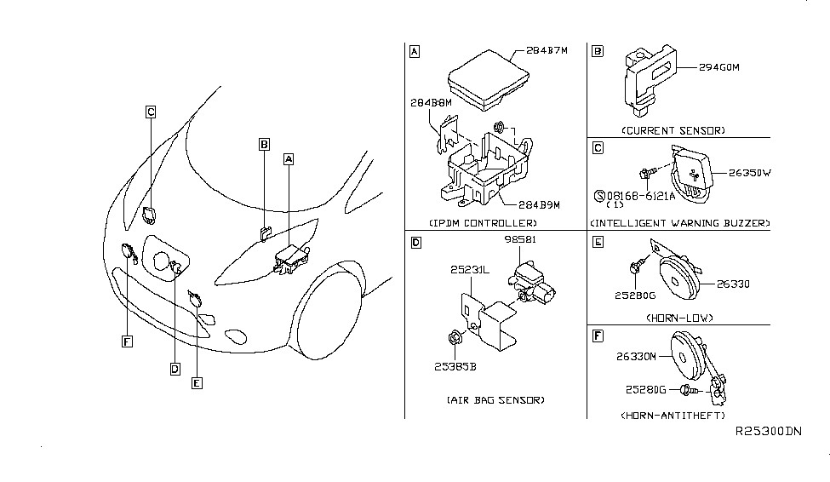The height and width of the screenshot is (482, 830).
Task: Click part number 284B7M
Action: [x=547, y=51]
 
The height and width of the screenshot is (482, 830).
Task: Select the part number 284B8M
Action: [x=431, y=103]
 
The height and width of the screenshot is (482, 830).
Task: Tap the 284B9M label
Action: [x=539, y=205]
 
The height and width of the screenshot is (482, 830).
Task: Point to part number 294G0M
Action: [x=718, y=68]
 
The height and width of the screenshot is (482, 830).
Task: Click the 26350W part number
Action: [x=749, y=173]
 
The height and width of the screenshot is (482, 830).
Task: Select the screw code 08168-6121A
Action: [x=635, y=196]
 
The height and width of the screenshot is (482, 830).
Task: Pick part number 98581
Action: [x=520, y=239]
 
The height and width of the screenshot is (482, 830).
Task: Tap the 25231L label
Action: [x=470, y=270]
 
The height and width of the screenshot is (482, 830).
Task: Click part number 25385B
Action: [x=455, y=366]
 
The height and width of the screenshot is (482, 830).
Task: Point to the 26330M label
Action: [x=636, y=357]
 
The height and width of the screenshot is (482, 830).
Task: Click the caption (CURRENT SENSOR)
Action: [x=673, y=130]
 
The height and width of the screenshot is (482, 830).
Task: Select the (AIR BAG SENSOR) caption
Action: [x=495, y=400]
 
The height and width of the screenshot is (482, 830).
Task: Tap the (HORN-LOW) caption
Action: [x=679, y=318]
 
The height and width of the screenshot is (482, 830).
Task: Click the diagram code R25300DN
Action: [x=769, y=431]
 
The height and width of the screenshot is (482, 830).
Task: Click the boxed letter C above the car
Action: [x=151, y=112]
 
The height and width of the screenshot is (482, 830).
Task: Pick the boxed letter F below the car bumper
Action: [x=127, y=341]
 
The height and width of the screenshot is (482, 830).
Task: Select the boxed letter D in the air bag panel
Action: [x=416, y=243]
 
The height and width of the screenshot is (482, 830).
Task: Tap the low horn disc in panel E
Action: [x=678, y=278]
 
